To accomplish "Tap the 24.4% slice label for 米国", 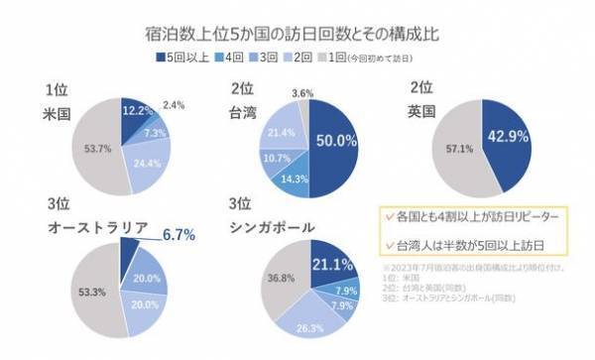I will click(x=143, y=164).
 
